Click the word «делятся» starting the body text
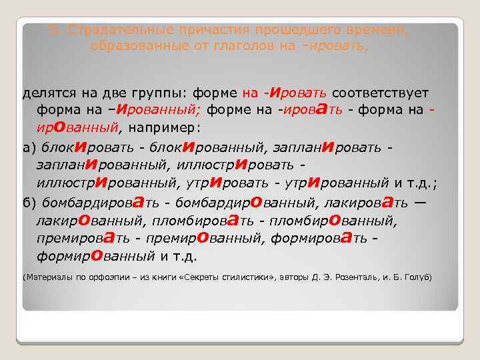46,93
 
